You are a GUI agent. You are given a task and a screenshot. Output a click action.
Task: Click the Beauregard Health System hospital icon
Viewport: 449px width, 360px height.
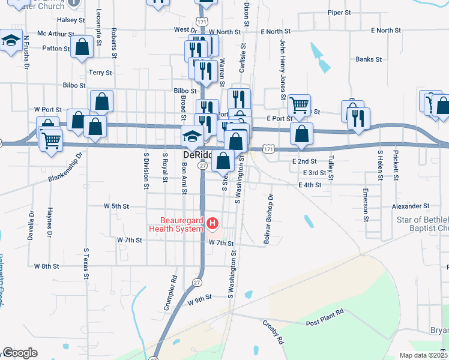coord(212,224)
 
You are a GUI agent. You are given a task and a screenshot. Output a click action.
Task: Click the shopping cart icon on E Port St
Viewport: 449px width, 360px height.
coord(299,106)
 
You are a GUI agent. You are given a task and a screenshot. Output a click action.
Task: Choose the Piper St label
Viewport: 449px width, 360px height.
coord(339,12)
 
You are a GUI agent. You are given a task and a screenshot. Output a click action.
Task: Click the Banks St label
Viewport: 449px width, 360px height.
coord(369,59)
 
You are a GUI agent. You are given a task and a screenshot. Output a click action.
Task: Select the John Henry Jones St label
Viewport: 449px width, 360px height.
coord(282,69)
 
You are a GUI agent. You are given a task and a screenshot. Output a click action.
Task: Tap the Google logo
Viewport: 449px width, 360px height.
coord(20,353)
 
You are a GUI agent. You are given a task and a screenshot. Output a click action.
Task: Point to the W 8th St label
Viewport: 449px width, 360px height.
coord(47,265)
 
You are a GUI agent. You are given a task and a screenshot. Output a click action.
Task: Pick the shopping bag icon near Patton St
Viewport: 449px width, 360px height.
coord(82,47)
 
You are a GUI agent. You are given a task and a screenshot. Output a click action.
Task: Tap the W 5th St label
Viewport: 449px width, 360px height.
coord(116,206)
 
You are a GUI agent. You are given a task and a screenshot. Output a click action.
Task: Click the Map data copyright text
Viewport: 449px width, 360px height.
coord(423,355)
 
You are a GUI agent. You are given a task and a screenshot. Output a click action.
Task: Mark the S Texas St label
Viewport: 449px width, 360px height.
coord(86,280)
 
